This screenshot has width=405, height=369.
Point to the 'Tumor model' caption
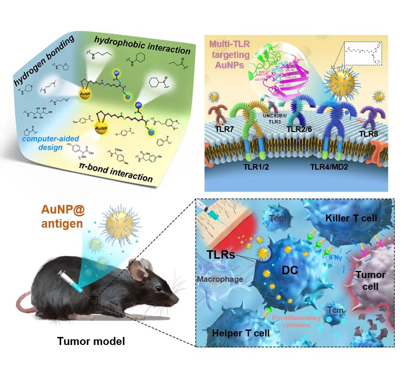[91, 340]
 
